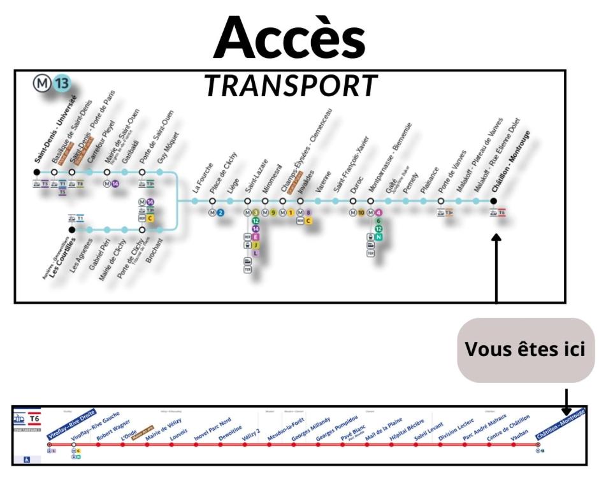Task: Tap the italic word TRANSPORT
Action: (x=291, y=86)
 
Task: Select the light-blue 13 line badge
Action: (x=62, y=83)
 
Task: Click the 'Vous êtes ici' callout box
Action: (x=525, y=350)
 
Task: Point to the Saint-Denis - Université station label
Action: (x=56, y=134)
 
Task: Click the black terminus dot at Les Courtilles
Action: (x=72, y=229)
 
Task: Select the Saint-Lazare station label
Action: (x=257, y=175)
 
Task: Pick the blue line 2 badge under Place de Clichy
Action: (x=220, y=213)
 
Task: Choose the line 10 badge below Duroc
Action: (x=361, y=213)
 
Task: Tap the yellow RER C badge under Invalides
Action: (x=308, y=221)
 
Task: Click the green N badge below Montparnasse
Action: (x=379, y=237)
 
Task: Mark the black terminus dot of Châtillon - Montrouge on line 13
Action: (x=493, y=201)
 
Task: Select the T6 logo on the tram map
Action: (x=34, y=419)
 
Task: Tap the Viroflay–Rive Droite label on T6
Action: (x=71, y=426)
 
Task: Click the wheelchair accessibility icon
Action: (x=27, y=458)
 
